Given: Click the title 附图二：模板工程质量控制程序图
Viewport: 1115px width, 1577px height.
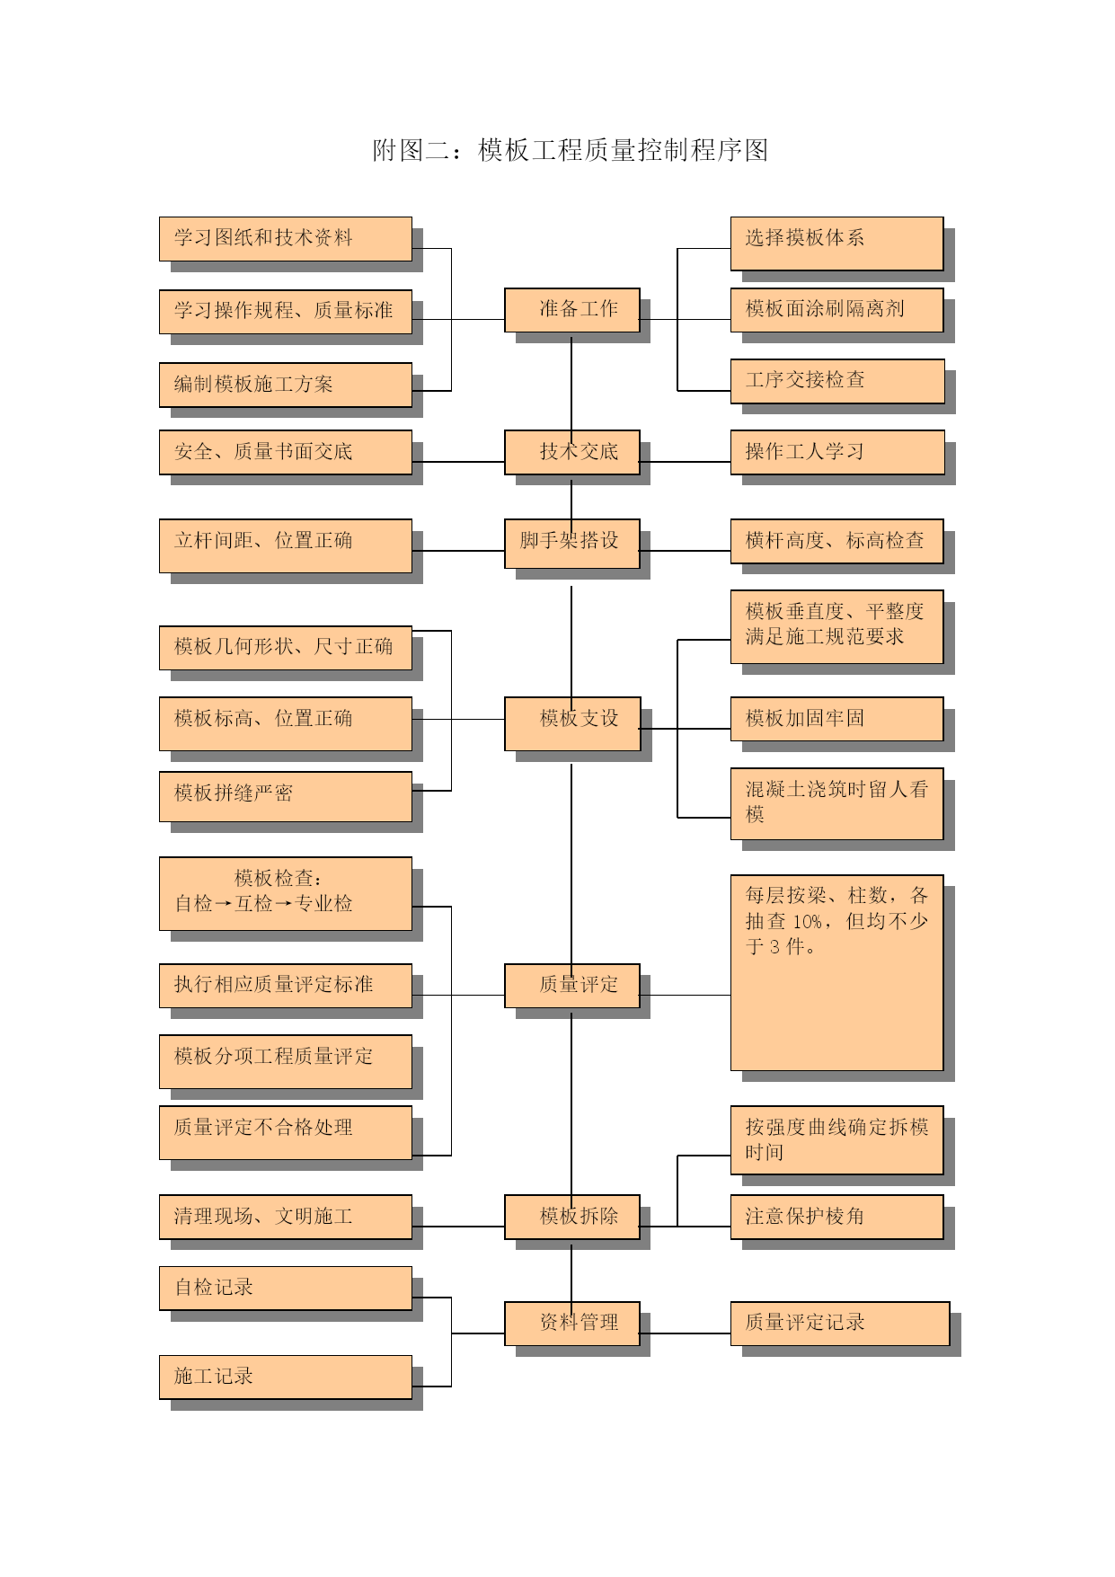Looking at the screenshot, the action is pyautogui.click(x=571, y=150).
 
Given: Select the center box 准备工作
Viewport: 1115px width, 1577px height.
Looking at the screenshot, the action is pyautogui.click(x=571, y=310).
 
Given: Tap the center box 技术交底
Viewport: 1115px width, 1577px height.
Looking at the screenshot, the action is pyautogui.click(x=571, y=452).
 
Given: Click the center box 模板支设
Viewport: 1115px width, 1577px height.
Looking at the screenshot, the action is pyautogui.click(x=571, y=723).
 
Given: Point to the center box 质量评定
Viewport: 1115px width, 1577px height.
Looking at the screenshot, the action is pyautogui.click(x=571, y=986).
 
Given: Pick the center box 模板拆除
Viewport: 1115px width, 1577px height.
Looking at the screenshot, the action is pyautogui.click(x=571, y=1217).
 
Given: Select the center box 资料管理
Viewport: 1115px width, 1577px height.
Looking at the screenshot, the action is pyautogui.click(x=571, y=1324).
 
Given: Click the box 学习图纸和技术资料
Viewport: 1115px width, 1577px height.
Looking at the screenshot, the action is pyautogui.click(x=286, y=239).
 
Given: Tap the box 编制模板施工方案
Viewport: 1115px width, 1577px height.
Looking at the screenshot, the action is pyautogui.click(x=286, y=385).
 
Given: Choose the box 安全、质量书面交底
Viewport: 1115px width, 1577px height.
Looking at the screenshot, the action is pyautogui.click(x=286, y=452).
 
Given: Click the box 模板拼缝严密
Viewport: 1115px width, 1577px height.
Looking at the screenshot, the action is pyautogui.click(x=286, y=796).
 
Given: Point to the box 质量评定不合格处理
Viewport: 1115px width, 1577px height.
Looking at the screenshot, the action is pyautogui.click(x=286, y=1132).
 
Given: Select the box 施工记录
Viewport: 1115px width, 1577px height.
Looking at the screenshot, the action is pyautogui.click(x=286, y=1377).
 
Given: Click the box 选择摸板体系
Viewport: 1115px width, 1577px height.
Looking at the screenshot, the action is pyautogui.click(x=836, y=243).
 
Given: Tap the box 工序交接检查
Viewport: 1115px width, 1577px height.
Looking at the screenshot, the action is pyautogui.click(x=837, y=381).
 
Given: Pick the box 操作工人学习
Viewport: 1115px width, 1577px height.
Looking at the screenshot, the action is pyautogui.click(x=837, y=452).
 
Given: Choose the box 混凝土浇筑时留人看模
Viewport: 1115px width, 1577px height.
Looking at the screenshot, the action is pyautogui.click(x=836, y=803).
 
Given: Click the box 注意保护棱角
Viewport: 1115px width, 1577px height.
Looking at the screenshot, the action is pyautogui.click(x=836, y=1217).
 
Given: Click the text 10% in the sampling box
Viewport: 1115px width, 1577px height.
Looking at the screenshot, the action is pyautogui.click(x=808, y=922).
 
